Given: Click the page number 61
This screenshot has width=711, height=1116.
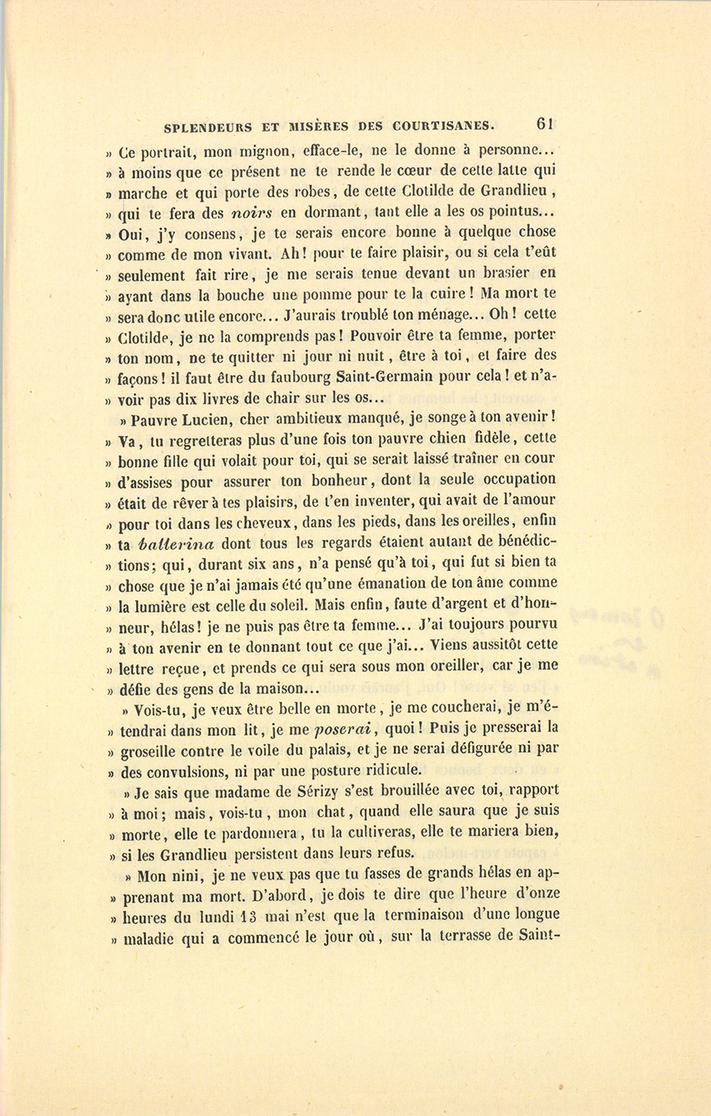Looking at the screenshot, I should [x=545, y=123].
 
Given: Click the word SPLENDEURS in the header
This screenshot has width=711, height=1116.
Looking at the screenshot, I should [x=208, y=126].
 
